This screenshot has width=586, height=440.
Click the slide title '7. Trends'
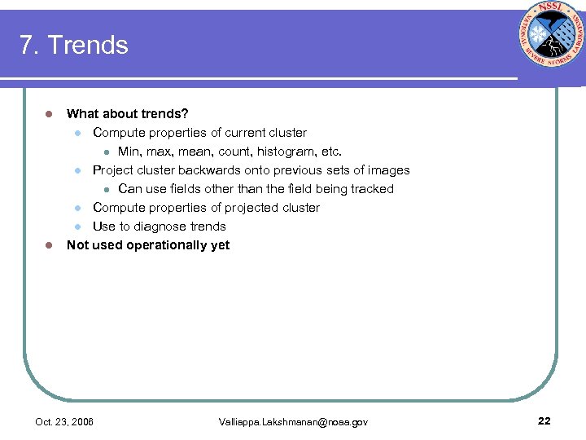74,45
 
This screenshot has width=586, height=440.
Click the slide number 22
544,420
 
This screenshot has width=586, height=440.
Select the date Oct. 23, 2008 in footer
64,422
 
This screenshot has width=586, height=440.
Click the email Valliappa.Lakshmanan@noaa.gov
293,422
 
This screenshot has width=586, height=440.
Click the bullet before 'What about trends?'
49,114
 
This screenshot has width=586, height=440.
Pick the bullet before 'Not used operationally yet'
49,245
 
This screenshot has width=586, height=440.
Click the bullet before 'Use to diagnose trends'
77,227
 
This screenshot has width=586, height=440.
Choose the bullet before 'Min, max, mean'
105,152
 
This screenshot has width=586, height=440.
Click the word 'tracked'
371,189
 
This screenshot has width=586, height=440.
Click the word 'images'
390,170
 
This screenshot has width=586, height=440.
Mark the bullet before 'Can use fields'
105,189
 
